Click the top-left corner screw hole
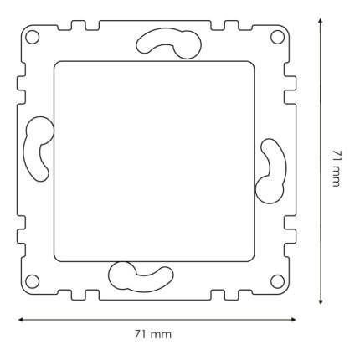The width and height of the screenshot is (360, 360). (x=32, y=37)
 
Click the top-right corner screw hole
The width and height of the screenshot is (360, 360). (x=277, y=37)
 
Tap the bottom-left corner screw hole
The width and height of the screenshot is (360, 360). (x=32, y=281)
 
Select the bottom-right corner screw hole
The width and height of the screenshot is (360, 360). (x=277, y=281)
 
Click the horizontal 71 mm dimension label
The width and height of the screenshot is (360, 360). (x=153, y=334)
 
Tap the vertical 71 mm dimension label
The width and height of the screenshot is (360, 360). (x=337, y=168)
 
